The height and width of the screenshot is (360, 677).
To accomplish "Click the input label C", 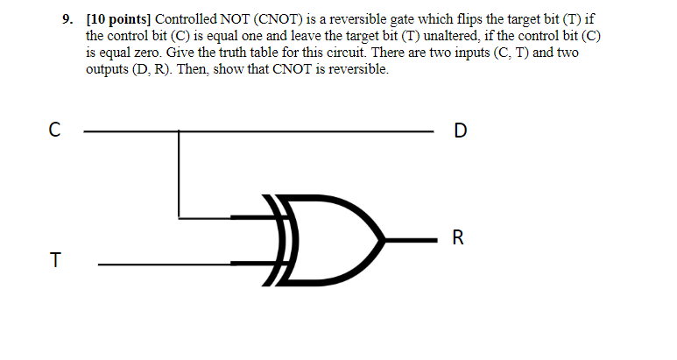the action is [54, 130].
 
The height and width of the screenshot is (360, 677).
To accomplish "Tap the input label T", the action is [55, 260].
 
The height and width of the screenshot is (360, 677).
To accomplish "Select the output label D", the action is [461, 131].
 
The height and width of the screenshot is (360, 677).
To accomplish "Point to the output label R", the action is [458, 237].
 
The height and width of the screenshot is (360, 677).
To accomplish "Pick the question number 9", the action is [67, 19].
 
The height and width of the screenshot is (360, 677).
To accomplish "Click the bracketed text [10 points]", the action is [118, 20].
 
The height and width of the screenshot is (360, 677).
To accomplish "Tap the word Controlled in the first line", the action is [186, 19].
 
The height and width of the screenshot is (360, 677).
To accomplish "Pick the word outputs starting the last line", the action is [107, 69].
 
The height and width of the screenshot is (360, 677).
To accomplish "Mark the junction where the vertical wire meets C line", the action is [179, 131].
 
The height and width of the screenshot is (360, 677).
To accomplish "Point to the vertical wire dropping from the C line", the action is [179, 175].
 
